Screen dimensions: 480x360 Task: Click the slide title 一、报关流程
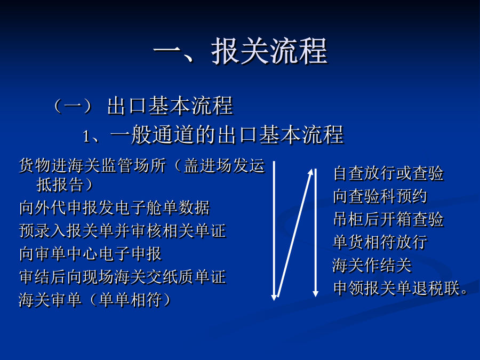241,51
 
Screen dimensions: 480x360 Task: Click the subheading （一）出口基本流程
143,106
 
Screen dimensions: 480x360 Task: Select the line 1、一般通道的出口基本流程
213,134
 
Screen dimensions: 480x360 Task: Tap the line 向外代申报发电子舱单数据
115,208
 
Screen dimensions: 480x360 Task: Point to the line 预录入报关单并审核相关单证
123,231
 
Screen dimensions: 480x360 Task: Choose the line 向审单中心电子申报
90,254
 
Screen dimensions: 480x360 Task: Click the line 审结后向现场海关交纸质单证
123,277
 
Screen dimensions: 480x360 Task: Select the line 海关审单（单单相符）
95,300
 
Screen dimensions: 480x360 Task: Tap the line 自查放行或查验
388,173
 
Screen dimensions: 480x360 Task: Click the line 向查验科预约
380,196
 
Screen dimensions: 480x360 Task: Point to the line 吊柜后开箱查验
388,219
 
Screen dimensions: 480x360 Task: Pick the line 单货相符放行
380,242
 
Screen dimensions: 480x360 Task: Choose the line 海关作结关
372,265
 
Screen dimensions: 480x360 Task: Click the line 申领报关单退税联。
401,288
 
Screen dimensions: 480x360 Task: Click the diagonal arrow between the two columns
295,233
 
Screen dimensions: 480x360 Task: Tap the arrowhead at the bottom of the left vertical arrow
274,297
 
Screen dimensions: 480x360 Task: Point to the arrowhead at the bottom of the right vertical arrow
315,293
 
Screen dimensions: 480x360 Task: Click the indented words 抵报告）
65,185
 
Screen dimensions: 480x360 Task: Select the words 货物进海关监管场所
92,166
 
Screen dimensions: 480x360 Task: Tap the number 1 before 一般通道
86,136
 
